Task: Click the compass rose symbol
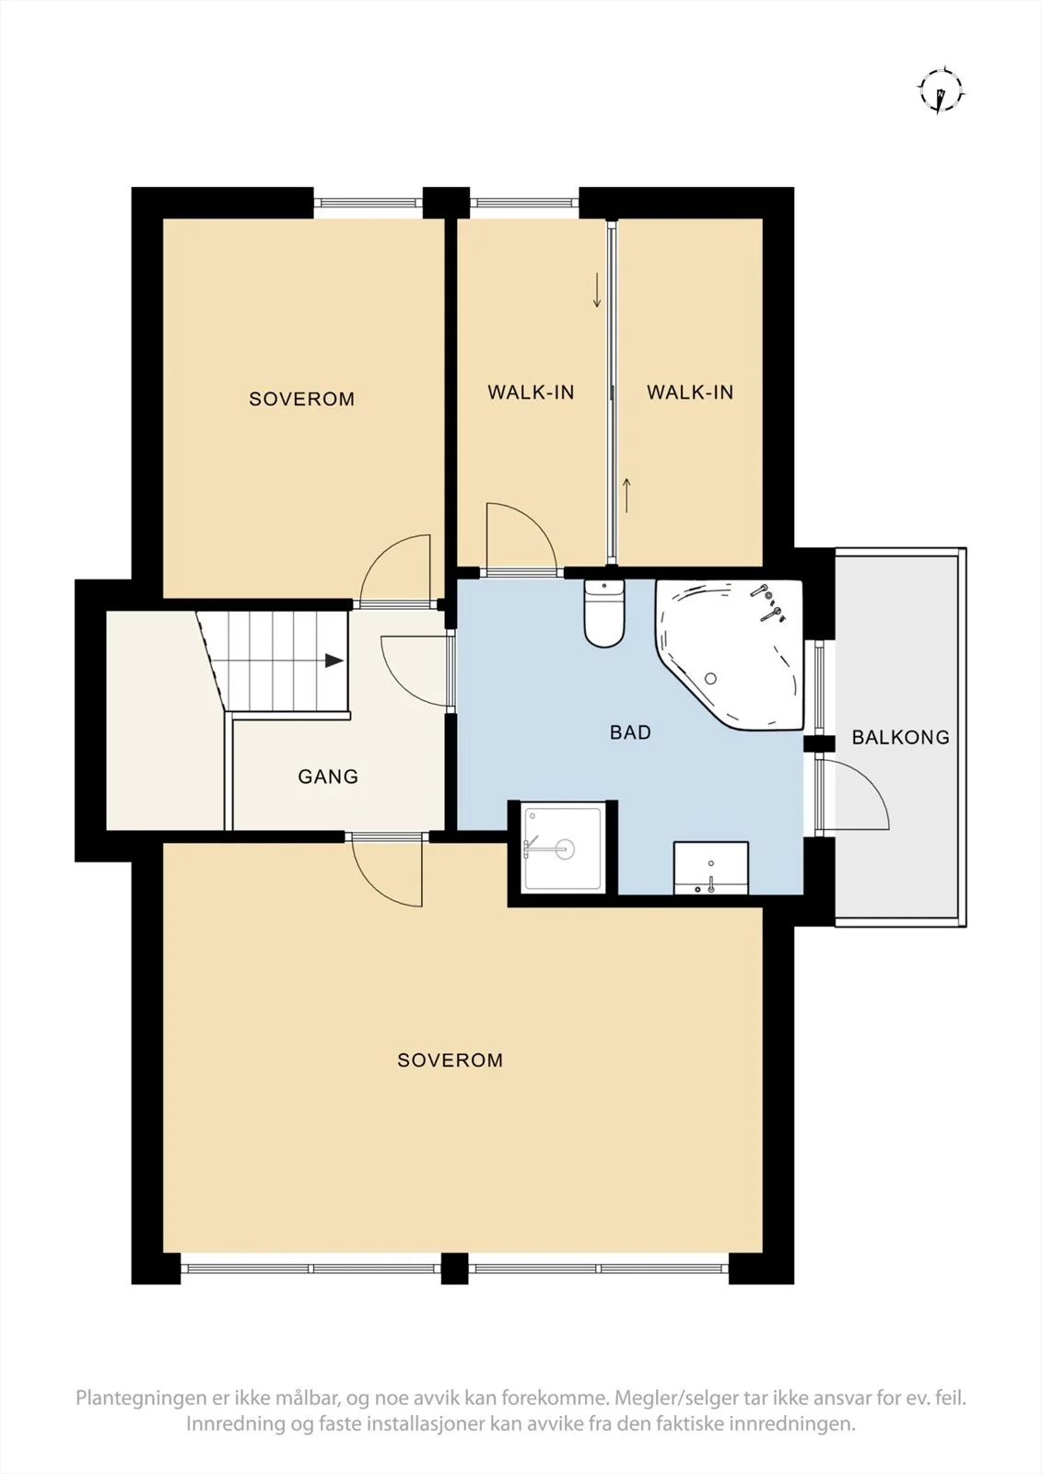coord(942,90)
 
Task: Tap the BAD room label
coord(630,732)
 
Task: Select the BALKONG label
coord(900,737)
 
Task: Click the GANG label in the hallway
coord(328,777)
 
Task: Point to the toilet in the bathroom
coord(603,614)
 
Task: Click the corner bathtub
coord(729,654)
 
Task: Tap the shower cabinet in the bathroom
coord(563,848)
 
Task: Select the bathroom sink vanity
coord(711,868)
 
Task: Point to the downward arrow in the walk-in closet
coord(597,289)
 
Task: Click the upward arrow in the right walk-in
coord(626,496)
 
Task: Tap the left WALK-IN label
coord(531,392)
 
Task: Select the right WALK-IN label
coord(690,392)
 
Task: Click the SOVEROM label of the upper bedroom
coord(301,399)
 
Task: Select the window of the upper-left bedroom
coord(368,203)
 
